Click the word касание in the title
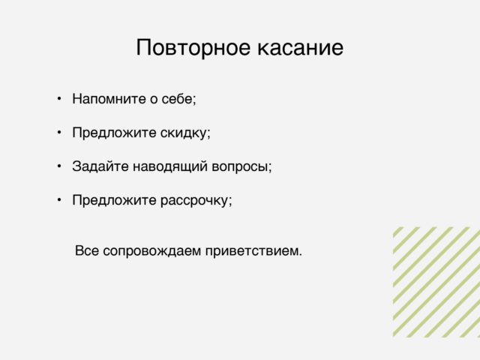(x=300, y=48)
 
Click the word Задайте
(x=100, y=166)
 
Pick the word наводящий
(x=170, y=166)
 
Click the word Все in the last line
(x=87, y=250)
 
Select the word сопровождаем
(x=151, y=251)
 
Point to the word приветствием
(x=253, y=251)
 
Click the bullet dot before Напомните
(x=59, y=98)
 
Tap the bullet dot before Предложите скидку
(x=59, y=132)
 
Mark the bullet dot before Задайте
(x=59, y=166)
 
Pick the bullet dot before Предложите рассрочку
(x=59, y=200)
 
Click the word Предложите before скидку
(x=114, y=133)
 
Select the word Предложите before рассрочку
(x=114, y=201)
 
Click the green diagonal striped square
(x=436, y=282)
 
